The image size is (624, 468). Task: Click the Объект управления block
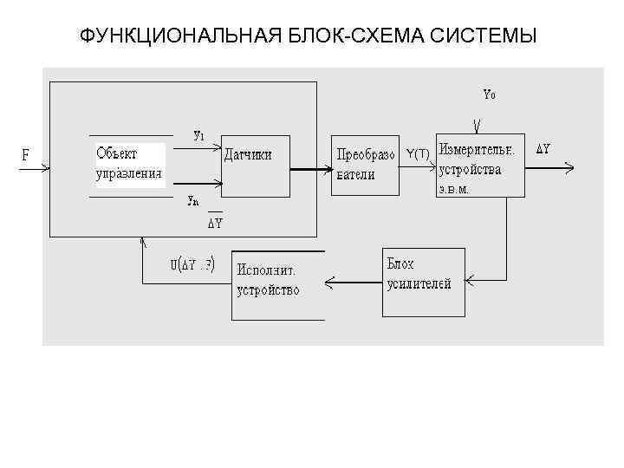[129, 163]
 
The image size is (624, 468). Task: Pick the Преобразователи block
[365, 164]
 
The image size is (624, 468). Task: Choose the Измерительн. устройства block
[480, 165]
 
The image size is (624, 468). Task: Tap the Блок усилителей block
[424, 282]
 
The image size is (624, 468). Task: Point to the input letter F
[25, 155]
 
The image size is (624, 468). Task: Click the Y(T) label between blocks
[418, 153]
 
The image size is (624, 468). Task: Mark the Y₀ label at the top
[489, 94]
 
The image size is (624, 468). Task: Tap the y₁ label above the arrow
[198, 135]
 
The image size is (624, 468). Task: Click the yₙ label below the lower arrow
[193, 200]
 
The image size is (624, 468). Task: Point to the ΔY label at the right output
[543, 149]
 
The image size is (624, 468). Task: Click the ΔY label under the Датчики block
[215, 223]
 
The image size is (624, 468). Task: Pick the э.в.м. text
[453, 190]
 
